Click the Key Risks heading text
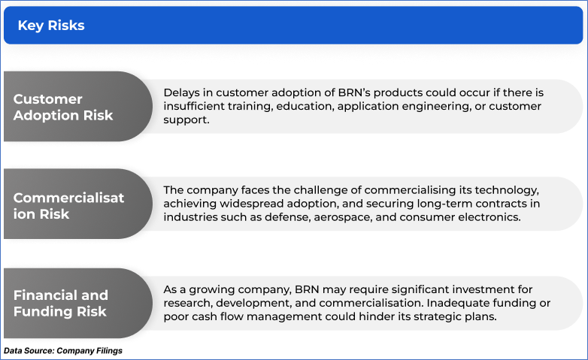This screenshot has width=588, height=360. (x=51, y=26)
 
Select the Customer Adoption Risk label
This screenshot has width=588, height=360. (x=63, y=107)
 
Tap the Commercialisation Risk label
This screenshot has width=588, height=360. (x=68, y=206)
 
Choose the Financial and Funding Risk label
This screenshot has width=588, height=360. (x=61, y=304)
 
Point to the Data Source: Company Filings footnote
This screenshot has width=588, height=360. (x=63, y=351)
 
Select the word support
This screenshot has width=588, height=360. (x=186, y=120)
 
